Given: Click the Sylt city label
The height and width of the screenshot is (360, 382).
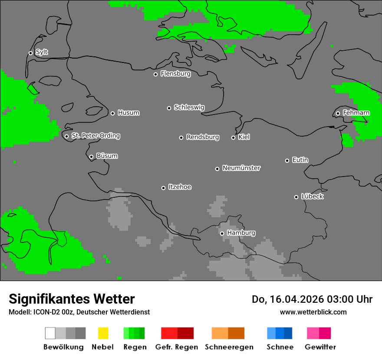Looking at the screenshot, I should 42,52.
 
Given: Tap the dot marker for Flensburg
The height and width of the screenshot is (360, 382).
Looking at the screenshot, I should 155,74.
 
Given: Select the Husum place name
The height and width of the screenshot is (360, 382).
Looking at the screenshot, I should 128,113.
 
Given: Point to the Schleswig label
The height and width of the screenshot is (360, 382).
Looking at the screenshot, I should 189,107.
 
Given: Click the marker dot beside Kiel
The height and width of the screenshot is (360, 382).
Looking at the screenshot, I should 233,137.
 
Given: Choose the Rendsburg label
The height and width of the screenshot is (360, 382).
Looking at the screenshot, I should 203,137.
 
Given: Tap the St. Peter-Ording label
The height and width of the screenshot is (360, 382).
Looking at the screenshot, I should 95,136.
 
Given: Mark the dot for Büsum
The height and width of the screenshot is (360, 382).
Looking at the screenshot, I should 91,157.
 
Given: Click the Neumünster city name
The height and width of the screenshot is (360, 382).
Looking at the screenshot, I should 241,168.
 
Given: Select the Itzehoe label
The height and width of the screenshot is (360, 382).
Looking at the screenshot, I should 180,187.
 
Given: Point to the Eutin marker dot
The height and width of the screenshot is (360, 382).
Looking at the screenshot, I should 287,160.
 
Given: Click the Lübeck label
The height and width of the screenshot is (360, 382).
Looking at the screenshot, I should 312,196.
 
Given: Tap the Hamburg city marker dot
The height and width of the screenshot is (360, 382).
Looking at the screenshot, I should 222,233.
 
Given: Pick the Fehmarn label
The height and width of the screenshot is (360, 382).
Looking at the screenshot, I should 356,113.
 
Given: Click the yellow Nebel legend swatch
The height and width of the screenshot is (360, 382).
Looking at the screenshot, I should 103,333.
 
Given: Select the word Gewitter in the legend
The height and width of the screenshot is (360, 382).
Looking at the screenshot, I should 320,347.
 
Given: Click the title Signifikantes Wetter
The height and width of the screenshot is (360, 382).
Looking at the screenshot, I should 72,299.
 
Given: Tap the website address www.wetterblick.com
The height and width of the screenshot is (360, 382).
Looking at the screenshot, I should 313,312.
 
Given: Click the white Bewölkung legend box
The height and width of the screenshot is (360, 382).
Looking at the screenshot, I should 50,333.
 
